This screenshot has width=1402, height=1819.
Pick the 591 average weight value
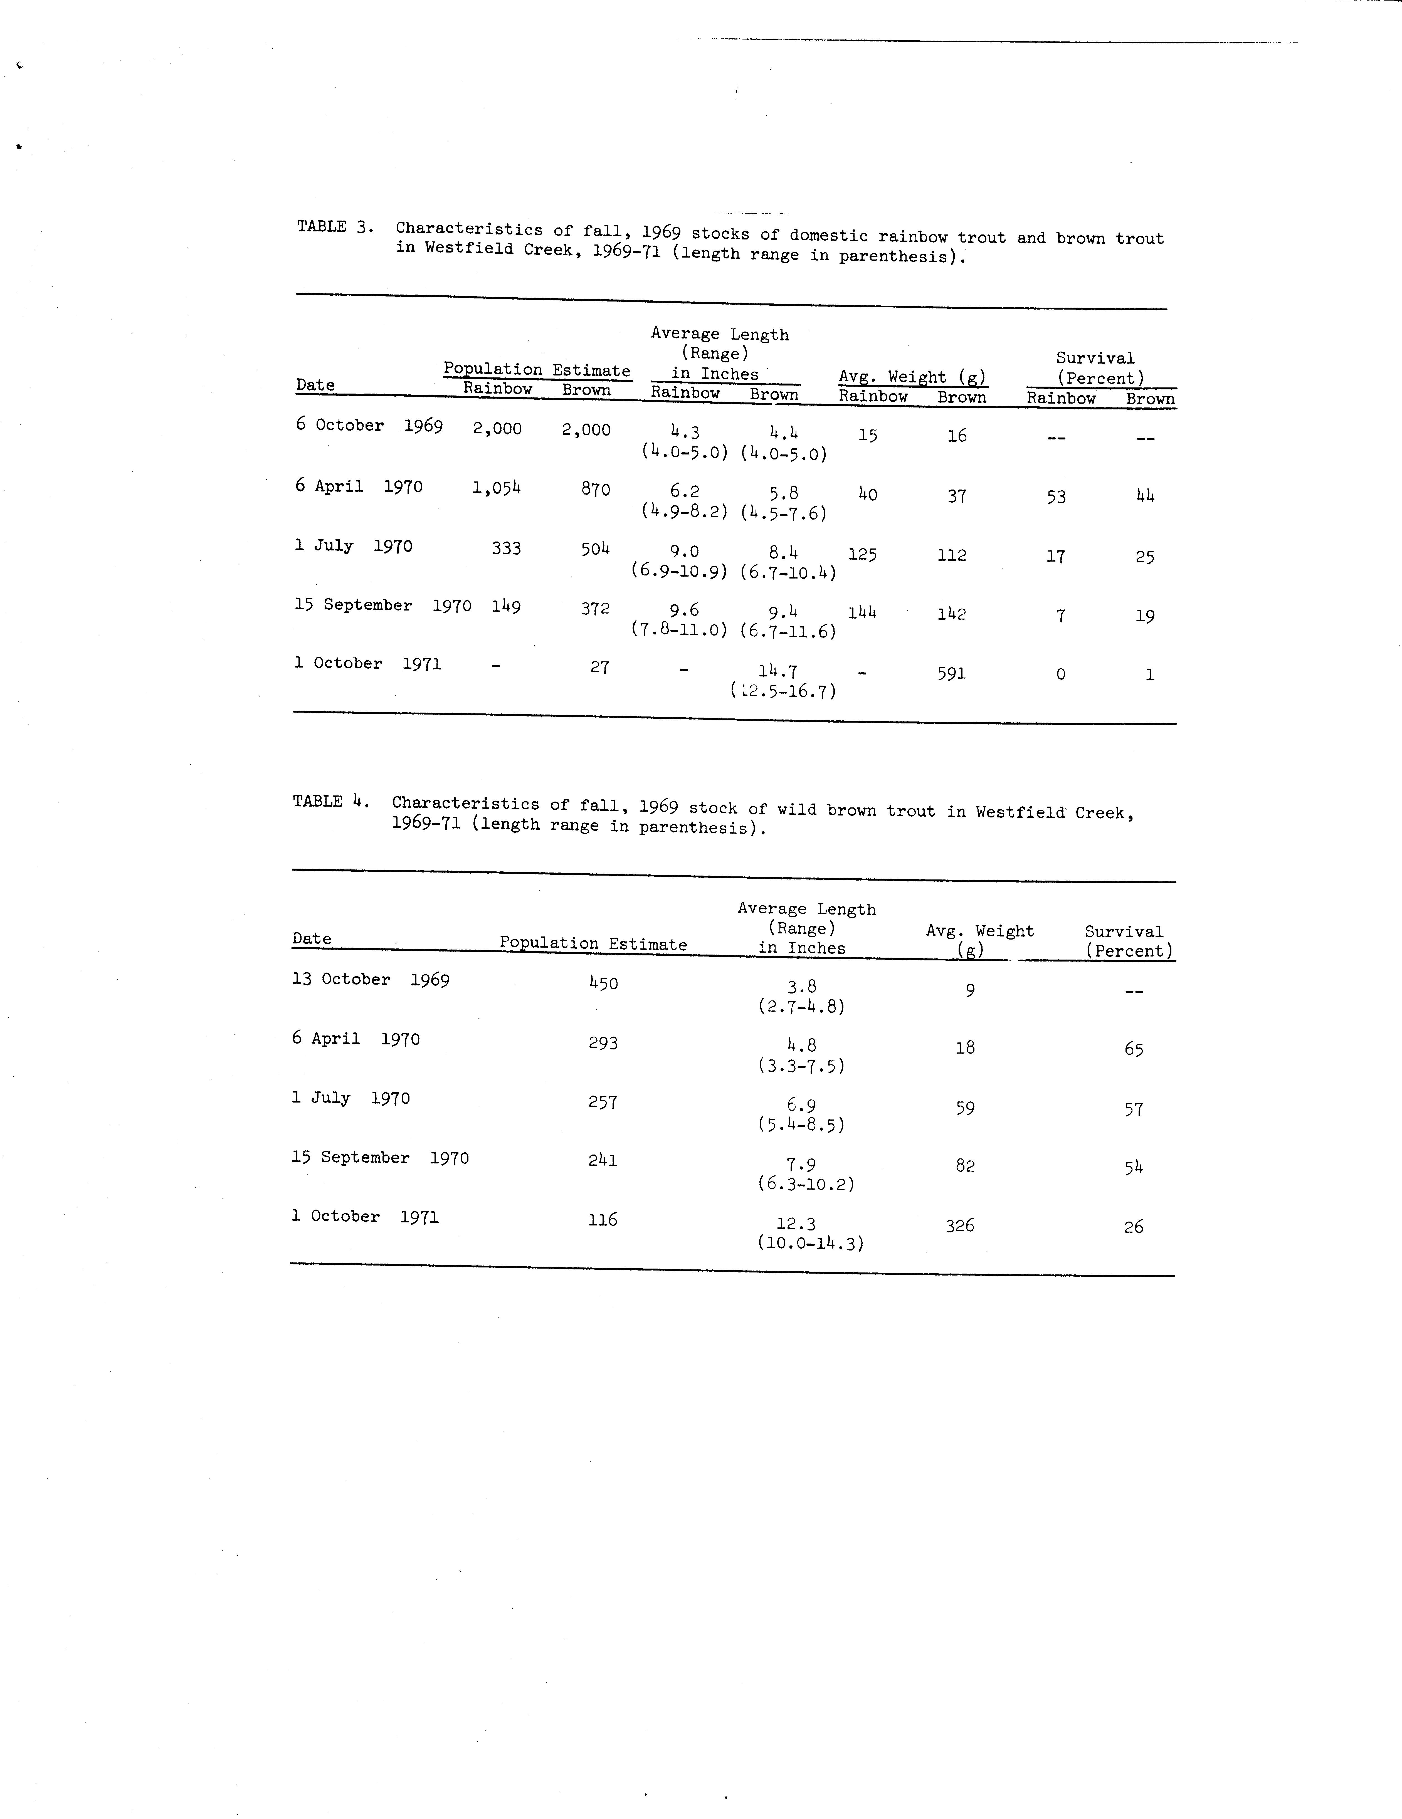951,673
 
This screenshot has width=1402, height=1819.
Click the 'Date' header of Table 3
315,385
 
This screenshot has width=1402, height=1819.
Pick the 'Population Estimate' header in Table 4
593,944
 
